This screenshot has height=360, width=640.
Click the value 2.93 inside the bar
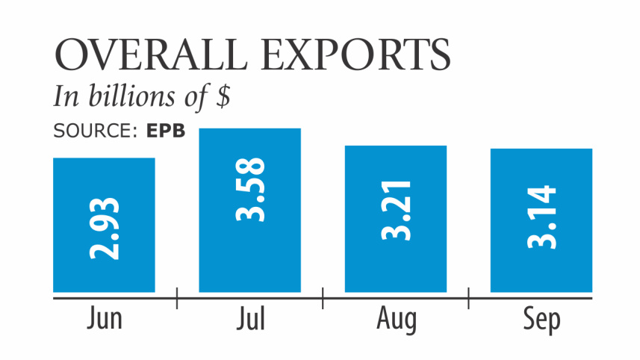[105, 229]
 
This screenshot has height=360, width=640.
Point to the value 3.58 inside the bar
[249, 190]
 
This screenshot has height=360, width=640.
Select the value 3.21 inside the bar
[396, 210]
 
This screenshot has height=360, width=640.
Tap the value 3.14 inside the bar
[541, 217]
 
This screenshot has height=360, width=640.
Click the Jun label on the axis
[104, 320]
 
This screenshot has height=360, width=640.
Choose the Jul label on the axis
[250, 320]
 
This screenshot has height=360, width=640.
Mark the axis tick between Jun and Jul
[177, 297]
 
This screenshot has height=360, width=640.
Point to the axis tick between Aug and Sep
[468, 297]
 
